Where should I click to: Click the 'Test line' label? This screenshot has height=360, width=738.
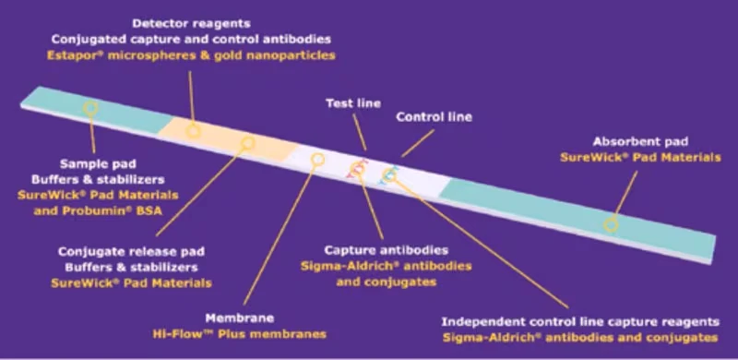point(353,103)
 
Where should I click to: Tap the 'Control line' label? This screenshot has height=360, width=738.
point(434,117)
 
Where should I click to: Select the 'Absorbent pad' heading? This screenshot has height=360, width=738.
point(640,141)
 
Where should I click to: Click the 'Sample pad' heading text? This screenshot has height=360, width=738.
point(98,164)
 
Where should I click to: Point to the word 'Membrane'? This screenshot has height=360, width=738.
point(240,318)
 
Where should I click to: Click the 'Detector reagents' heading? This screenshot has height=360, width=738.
point(191,23)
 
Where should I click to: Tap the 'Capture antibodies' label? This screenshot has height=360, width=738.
point(386,250)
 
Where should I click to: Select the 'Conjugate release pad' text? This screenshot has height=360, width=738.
point(131,252)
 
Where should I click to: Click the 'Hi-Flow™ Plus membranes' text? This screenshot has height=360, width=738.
point(240,334)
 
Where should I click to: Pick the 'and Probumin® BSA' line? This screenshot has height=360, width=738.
point(98,210)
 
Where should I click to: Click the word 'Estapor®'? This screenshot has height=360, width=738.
point(75,55)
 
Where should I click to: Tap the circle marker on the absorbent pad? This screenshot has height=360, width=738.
point(611,224)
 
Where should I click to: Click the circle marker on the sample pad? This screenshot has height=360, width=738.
point(90,108)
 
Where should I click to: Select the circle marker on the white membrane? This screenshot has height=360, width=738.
point(318,160)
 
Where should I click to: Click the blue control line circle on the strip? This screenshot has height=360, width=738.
point(388,175)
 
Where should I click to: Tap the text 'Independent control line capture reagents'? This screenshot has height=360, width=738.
point(580,322)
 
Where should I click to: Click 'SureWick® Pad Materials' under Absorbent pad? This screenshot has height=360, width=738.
point(640,157)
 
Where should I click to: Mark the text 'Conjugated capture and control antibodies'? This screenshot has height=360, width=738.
point(191,39)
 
